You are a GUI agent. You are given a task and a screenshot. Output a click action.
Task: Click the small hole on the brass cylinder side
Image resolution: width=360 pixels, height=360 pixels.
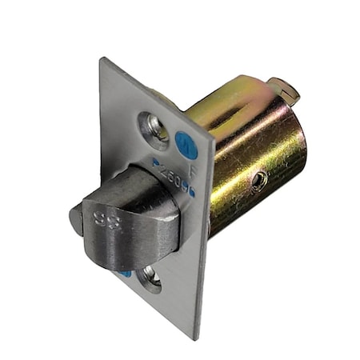tap(258, 181)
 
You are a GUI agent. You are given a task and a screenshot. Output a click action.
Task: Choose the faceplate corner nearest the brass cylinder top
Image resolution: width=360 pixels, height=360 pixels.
tap(215, 135)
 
